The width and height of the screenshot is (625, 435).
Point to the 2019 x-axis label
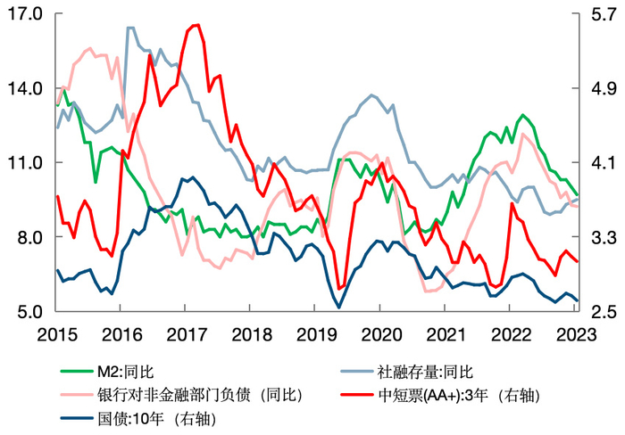(313, 334)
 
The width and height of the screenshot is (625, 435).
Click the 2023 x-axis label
(571, 334)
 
